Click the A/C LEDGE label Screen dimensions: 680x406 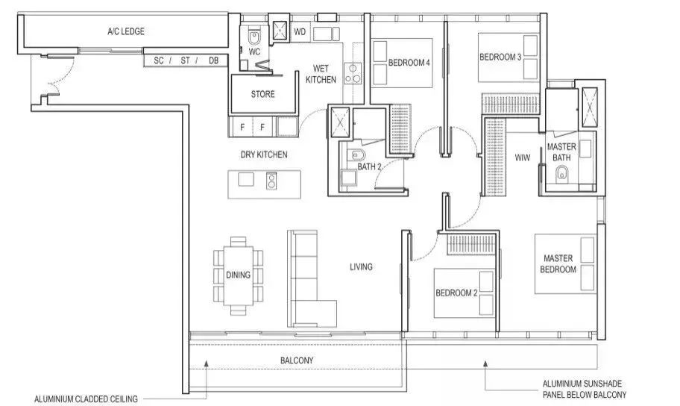pos(126,31)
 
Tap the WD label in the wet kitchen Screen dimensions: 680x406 pos(300,31)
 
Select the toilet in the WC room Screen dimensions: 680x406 pos(254,37)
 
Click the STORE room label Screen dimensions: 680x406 pos(262,94)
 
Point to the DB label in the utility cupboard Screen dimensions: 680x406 pos(213,60)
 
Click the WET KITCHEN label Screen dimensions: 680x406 pos(321,74)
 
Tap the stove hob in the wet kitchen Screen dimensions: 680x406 pos(353,73)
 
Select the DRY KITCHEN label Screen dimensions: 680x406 pos(264,154)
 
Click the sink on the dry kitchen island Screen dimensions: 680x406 pos(246,179)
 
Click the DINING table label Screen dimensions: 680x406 pos(238,275)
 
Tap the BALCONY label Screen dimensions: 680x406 pos(297,360)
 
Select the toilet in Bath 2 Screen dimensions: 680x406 pos(356,154)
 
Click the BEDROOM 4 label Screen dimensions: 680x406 pos(409,63)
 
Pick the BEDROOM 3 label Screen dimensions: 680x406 pos(500,57)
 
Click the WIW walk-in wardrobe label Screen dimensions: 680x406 pos(522,157)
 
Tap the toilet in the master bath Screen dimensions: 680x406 pos(561,174)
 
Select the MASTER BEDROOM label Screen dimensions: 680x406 pos(558,263)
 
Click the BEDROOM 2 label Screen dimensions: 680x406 pos(456,293)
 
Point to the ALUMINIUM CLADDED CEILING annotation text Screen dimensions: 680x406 pos(86,399)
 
